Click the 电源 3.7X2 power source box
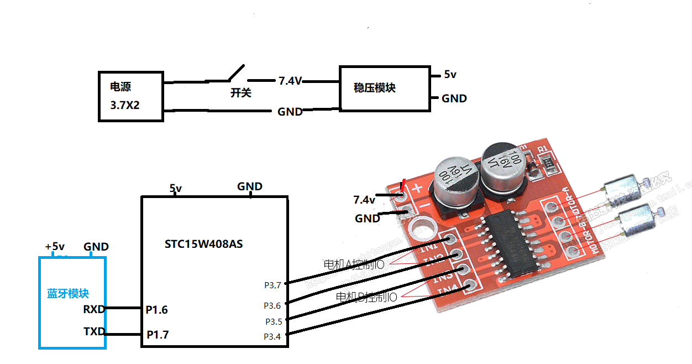pyautogui.click(x=131, y=96)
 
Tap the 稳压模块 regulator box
pyautogui.click(x=384, y=89)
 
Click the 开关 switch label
pyautogui.click(x=240, y=93)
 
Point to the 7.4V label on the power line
pyautogui.click(x=290, y=81)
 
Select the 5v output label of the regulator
pyautogui.click(x=450, y=75)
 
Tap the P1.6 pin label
pyautogui.click(x=156, y=310)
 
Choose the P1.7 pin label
pyautogui.click(x=157, y=335)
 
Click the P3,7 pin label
pyautogui.click(x=272, y=285)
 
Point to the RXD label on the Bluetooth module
pyautogui.click(x=93, y=309)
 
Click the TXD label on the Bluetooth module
pyautogui.click(x=93, y=332)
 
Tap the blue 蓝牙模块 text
pyautogui.click(x=68, y=294)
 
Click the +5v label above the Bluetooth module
pyautogui.click(x=55, y=247)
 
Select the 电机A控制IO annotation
pyautogui.click(x=354, y=264)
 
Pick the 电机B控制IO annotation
pyautogui.click(x=366, y=297)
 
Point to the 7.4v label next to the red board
pyautogui.click(x=364, y=199)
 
